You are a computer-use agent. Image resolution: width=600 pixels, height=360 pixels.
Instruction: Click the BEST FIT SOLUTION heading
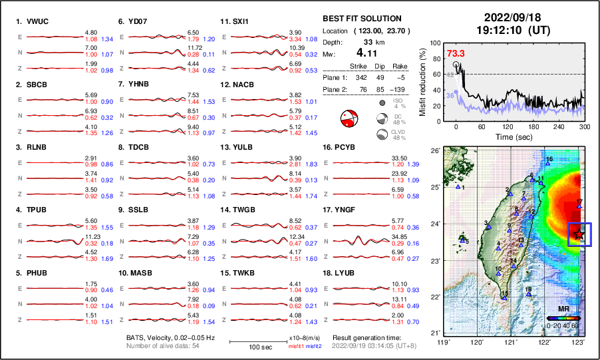[362, 19]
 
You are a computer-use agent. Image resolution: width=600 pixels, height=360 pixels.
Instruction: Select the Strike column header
[359, 66]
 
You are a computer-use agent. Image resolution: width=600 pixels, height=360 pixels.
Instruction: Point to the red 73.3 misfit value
[456, 53]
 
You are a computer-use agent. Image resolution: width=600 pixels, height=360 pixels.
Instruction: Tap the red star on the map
[579, 234]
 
